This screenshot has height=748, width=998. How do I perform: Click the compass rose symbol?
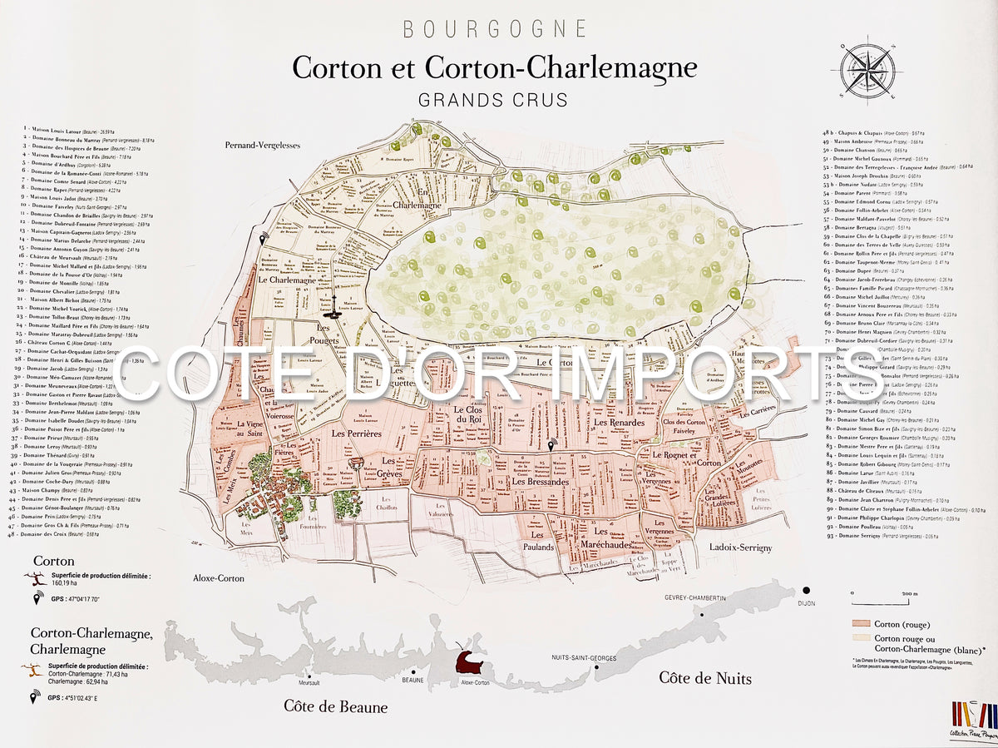click(871, 68)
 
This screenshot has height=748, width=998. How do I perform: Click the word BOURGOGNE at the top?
click(495, 29)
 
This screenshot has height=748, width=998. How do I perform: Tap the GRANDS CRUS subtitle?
click(493, 100)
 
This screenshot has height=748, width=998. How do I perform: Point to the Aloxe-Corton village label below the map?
click(219, 577)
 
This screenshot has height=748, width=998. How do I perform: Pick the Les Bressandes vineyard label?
click(540, 482)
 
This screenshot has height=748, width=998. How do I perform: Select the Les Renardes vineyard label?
click(619, 424)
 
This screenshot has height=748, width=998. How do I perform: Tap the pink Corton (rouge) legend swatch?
click(860, 623)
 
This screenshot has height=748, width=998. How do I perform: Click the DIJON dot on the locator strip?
click(805, 591)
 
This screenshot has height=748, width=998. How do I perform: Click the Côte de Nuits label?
click(705, 678)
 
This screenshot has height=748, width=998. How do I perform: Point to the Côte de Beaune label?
click(335, 707)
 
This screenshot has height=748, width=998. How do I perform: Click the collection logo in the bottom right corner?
click(974, 721)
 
